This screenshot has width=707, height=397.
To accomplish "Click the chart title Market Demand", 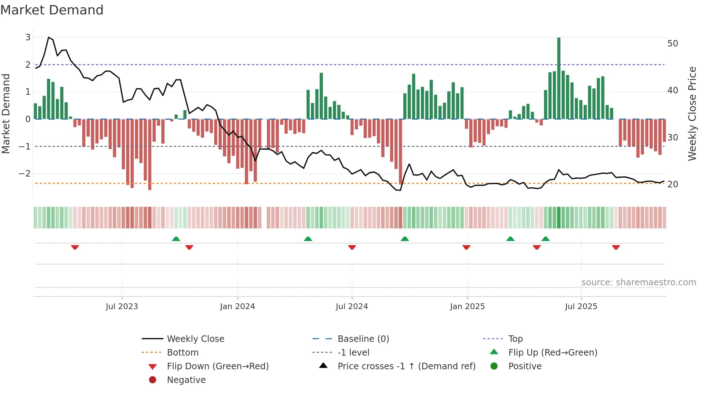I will [52, 10].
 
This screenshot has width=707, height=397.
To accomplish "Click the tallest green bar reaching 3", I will [559, 77].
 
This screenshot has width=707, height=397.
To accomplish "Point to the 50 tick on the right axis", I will [672, 44].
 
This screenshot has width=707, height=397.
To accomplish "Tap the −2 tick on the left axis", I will [25, 173].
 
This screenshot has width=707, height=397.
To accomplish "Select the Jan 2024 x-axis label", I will [237, 307].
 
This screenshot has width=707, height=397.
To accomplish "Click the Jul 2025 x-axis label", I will [581, 307].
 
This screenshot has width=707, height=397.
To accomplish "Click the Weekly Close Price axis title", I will [692, 113].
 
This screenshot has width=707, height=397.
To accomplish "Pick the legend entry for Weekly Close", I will [195, 339].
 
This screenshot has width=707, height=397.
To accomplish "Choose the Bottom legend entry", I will [183, 353].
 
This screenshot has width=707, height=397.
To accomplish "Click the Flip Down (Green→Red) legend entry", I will [218, 366].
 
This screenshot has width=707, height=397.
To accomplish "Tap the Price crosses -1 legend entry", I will [406, 366].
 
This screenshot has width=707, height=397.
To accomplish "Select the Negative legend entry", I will [186, 380].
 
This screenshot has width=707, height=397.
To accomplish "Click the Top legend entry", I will [515, 339].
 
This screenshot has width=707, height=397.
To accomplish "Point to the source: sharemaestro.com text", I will [638, 282].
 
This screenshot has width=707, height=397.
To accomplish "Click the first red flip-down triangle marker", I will [75, 247].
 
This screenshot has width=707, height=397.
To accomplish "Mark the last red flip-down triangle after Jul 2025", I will [616, 247].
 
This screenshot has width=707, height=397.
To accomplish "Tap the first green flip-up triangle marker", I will [176, 239].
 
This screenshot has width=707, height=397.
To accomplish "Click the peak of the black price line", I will [49, 37].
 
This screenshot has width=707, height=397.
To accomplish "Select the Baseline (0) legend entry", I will [363, 339].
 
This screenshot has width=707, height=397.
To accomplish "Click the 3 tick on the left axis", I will [28, 37].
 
